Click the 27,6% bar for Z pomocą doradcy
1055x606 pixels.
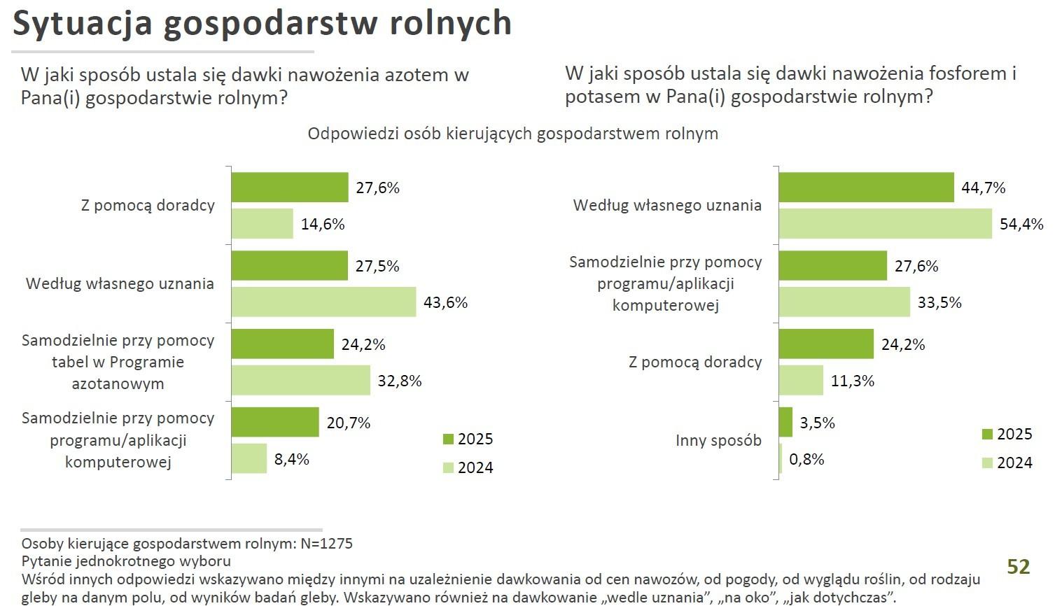[x=289, y=188]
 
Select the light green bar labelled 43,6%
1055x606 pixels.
[x=323, y=302]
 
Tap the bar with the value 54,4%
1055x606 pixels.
[x=885, y=224]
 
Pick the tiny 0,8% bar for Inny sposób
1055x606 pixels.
[x=781, y=459]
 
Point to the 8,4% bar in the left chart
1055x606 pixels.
[x=249, y=459]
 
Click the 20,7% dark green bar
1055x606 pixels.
[x=275, y=423]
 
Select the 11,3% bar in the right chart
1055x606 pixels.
[x=801, y=381]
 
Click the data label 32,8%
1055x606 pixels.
[x=400, y=381]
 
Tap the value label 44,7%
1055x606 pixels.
[x=983, y=188]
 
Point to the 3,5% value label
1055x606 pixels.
[x=817, y=423]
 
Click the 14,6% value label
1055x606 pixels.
[x=323, y=224]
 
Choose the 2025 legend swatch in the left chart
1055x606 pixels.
[x=449, y=439]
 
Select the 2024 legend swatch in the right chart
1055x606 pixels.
[x=988, y=463]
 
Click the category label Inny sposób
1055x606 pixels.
[x=718, y=440]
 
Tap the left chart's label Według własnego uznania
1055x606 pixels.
[x=120, y=283]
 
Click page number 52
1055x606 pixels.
[x=1018, y=566]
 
